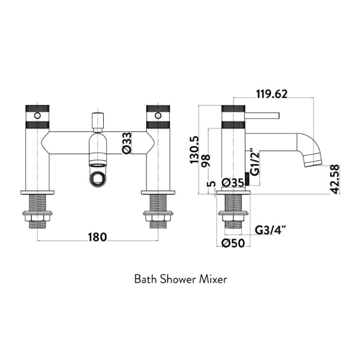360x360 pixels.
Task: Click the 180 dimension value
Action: [x=97, y=236]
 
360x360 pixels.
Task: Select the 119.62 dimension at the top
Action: [x=271, y=93]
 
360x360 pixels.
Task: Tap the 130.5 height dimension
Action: [x=193, y=150]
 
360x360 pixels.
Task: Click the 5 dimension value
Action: [x=209, y=184]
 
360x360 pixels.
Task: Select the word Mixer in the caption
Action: [x=214, y=279]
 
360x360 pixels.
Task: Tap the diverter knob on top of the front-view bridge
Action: [x=96, y=120]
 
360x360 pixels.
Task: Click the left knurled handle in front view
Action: [x=37, y=117]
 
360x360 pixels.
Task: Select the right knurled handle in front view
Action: [x=158, y=117]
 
